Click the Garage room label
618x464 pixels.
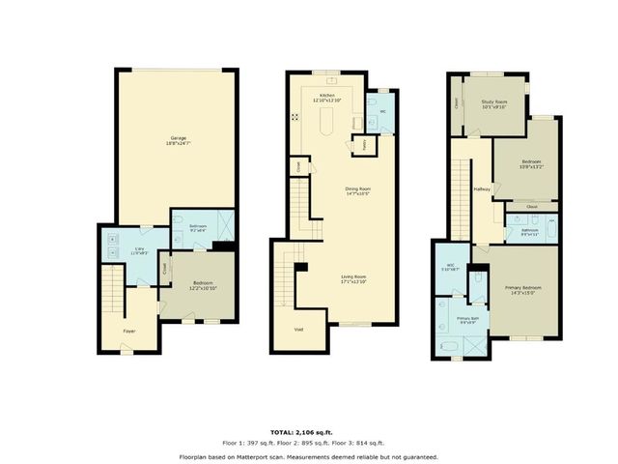[179, 138]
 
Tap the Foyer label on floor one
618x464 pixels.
[128, 332]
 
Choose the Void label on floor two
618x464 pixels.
[298, 330]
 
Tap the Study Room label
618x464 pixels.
[494, 101]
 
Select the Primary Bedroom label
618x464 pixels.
[522, 287]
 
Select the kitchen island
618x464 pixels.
[324, 122]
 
